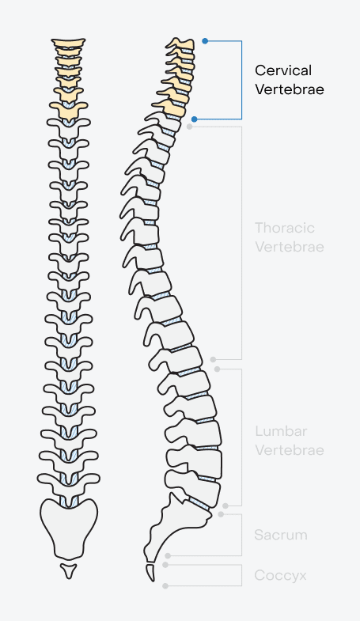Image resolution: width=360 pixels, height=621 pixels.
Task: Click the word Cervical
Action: (x=283, y=70)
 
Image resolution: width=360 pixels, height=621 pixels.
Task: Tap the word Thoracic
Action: (x=285, y=228)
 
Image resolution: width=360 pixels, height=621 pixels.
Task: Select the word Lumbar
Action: (x=281, y=431)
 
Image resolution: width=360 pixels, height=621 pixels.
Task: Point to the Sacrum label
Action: (x=281, y=535)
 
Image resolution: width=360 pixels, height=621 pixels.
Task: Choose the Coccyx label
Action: (x=280, y=575)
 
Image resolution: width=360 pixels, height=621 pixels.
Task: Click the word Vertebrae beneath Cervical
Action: (x=290, y=89)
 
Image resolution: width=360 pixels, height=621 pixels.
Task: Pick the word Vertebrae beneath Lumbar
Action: (x=290, y=450)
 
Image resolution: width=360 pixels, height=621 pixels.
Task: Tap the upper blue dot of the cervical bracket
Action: (x=205, y=41)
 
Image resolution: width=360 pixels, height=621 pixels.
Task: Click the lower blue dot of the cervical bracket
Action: (x=194, y=119)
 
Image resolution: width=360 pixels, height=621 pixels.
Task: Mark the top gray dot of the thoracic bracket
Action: (x=190, y=127)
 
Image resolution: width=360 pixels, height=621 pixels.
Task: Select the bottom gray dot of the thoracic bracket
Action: (x=213, y=359)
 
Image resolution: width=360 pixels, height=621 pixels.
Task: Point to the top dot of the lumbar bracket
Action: (x=217, y=369)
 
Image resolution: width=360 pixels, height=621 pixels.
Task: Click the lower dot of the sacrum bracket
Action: (x=168, y=555)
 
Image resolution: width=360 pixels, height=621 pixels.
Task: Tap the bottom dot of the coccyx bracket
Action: (x=165, y=585)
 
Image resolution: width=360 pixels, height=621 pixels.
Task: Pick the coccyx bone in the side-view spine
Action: (x=151, y=573)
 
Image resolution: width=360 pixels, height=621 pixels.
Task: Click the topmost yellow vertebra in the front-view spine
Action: (x=68, y=43)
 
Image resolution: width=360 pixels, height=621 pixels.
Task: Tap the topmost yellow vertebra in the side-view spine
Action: (x=181, y=44)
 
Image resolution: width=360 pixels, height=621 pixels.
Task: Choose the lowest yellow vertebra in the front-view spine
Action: (x=69, y=110)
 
